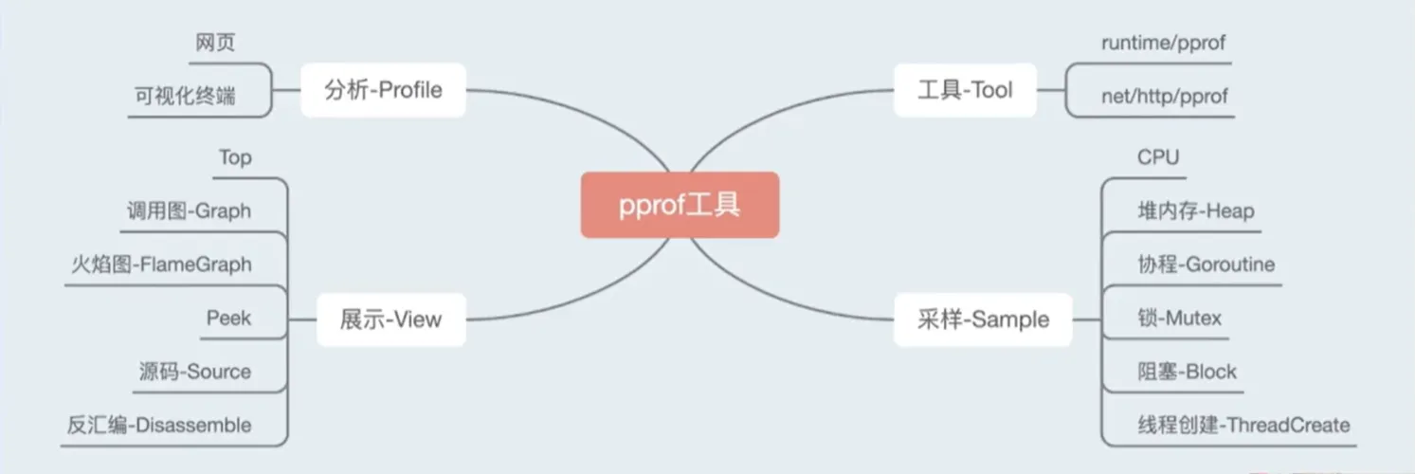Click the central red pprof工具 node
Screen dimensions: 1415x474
click(x=680, y=205)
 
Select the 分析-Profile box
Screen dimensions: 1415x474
click(x=384, y=90)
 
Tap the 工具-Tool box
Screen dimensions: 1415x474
click(x=965, y=90)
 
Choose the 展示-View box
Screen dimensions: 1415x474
click(x=391, y=319)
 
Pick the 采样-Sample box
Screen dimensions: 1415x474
click(x=983, y=319)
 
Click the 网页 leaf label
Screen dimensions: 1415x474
click(x=215, y=43)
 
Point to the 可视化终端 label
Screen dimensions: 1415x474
click(x=185, y=96)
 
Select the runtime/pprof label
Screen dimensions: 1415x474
click(x=1163, y=43)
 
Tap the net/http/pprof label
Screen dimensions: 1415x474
click(x=1164, y=96)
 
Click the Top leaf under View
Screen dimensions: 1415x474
click(x=235, y=157)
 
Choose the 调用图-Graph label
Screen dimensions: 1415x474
click(x=189, y=210)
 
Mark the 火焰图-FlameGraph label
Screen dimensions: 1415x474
click(x=161, y=264)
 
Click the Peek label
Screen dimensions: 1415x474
click(x=228, y=318)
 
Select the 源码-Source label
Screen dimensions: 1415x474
click(x=195, y=371)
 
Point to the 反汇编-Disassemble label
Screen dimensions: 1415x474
click(x=159, y=425)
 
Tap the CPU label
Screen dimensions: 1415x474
click(x=1158, y=156)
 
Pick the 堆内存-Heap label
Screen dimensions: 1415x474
click(x=1196, y=210)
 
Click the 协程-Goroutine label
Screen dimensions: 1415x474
click(x=1206, y=264)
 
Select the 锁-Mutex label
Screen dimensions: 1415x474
click(x=1179, y=318)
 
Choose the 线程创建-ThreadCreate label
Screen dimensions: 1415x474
click(x=1243, y=425)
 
